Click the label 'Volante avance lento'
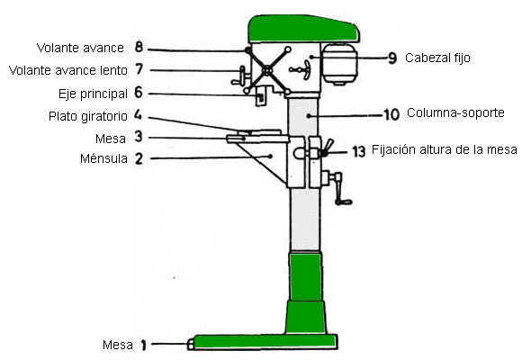[x=67, y=70]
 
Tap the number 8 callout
[x=139, y=47]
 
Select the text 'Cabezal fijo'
[x=437, y=58]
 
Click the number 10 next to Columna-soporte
[x=391, y=114]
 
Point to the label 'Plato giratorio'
[x=88, y=116]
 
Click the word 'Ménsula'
[x=103, y=158]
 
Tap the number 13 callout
[x=359, y=151]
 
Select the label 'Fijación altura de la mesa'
[x=445, y=149]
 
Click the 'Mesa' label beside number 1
[x=118, y=345]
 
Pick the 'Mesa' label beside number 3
[x=111, y=139]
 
